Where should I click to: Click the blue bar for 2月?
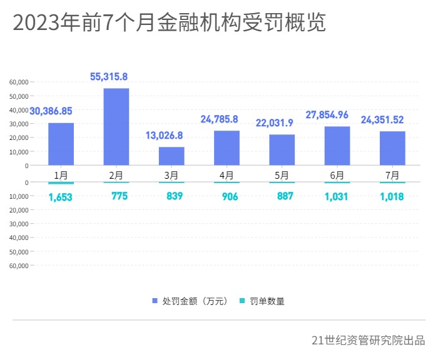(116, 127)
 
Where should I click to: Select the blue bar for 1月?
(61, 144)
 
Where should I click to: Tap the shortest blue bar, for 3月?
(171, 156)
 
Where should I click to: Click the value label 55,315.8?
(109, 76)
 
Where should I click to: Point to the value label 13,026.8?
(165, 135)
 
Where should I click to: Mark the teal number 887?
(285, 196)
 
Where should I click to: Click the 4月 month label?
(227, 175)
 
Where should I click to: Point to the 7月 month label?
(392, 175)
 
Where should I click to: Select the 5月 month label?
(282, 175)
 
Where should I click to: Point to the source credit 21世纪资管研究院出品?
(368, 341)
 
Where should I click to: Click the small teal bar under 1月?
(61, 183)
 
